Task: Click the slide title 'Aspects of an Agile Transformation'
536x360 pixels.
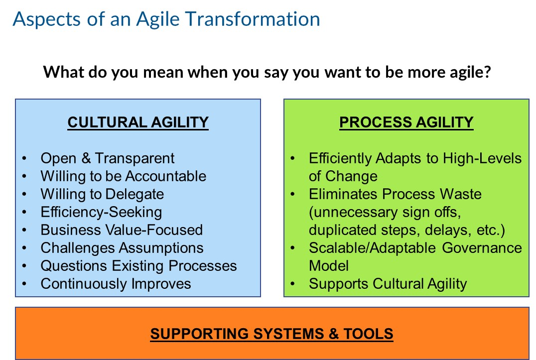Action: coord(166,19)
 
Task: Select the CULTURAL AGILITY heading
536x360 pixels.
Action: coord(138,122)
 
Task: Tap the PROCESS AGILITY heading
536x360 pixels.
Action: coord(406,122)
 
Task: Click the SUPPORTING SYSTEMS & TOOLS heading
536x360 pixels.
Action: coord(272,333)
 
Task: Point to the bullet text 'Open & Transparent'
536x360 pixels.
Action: coord(108,158)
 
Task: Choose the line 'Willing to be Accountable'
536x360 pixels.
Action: coord(123,176)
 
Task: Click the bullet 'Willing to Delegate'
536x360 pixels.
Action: coord(102,194)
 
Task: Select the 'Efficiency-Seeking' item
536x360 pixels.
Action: coord(101,212)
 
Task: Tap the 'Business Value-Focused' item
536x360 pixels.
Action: coord(122,230)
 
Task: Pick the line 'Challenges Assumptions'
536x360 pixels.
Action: coord(122,248)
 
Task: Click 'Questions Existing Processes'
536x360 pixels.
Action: coord(138,266)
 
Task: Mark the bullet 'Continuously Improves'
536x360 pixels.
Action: coord(116,284)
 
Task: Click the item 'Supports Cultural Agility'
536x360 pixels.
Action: coord(388,284)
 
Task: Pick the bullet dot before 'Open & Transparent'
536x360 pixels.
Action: coord(25,158)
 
